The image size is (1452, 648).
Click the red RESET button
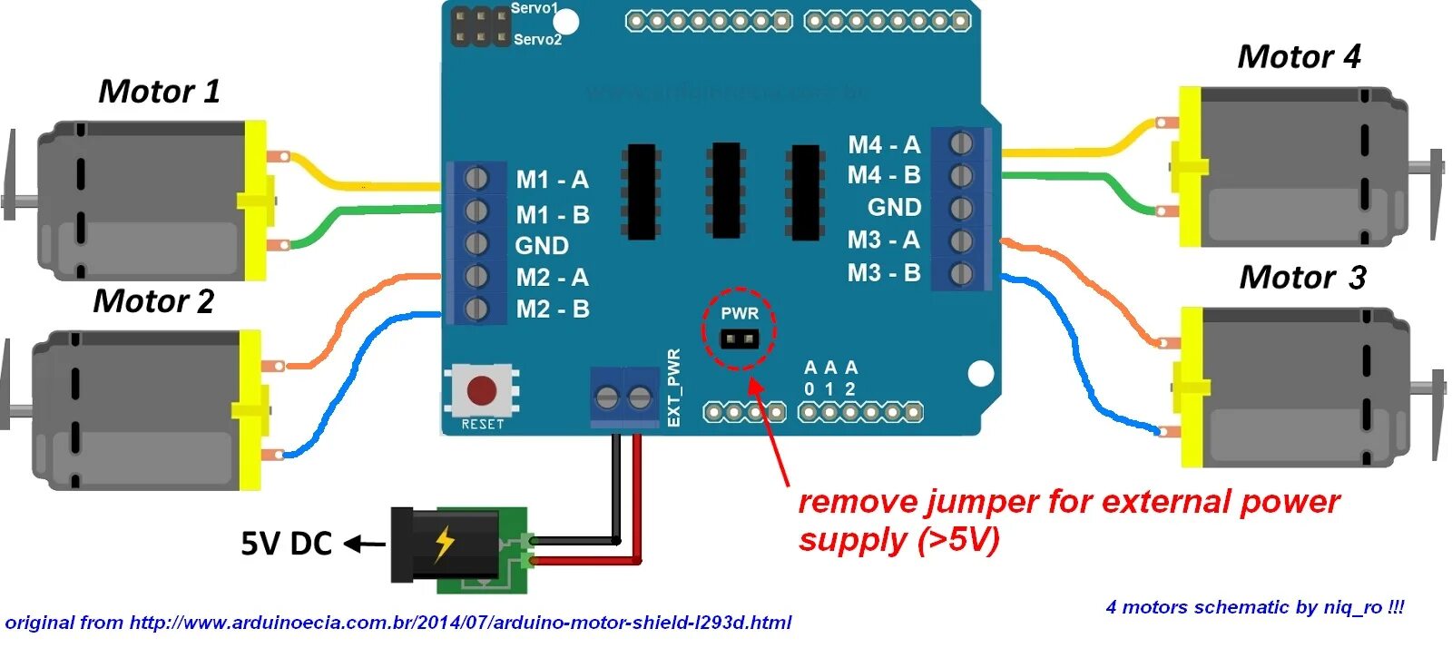click(x=481, y=391)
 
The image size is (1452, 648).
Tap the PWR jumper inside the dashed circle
click(x=740, y=339)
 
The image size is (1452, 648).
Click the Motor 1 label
click(x=159, y=92)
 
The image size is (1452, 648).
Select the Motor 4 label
click(x=1299, y=57)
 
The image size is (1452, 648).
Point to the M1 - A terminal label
click(x=552, y=180)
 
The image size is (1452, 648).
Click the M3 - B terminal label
click(x=884, y=273)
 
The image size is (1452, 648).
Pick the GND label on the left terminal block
click(x=542, y=246)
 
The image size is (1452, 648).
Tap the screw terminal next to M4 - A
click(x=961, y=143)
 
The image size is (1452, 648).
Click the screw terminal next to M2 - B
click(x=476, y=309)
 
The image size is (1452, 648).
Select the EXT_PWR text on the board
click(x=673, y=388)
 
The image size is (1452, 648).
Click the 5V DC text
click(x=286, y=544)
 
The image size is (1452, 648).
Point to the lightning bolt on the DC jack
click(x=444, y=544)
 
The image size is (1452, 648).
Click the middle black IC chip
click(x=726, y=191)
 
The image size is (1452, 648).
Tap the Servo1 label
click(x=535, y=8)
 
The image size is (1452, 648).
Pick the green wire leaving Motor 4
click(x=1080, y=176)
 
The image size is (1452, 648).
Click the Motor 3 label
click(x=1302, y=278)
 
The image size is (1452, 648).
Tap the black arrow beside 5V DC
click(x=365, y=545)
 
